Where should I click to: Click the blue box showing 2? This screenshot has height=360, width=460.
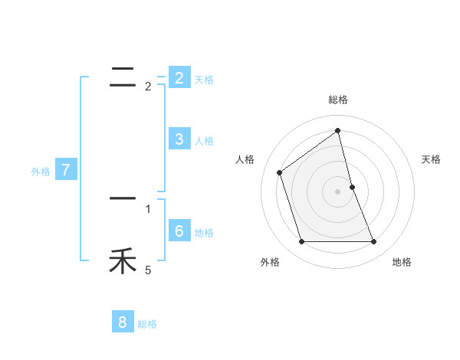coord(179,78)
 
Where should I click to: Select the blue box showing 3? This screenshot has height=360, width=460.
coord(179,139)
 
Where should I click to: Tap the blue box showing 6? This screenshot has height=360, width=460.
coord(179,231)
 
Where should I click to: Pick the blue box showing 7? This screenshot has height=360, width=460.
coord(66,170)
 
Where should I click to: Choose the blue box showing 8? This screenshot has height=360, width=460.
coord(122,322)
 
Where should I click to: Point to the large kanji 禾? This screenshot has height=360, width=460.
coord(123,262)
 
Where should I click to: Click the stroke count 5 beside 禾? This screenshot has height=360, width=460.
coord(148,270)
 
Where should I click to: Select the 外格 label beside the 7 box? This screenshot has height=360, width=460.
coord(41,172)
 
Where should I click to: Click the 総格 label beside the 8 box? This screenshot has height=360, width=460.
coord(147,324)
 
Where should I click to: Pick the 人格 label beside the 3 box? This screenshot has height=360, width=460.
coord(204,141)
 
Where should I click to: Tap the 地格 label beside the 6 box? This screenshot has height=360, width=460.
coord(204,233)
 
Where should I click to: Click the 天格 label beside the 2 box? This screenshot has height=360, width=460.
coord(204,80)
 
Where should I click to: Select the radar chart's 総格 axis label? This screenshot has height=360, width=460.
coord(338,100)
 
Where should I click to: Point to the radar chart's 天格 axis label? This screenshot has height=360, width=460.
coord(432,159)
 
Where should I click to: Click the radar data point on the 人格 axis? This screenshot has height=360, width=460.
coord(279,172)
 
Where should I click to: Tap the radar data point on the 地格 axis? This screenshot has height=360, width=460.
coord(373,242)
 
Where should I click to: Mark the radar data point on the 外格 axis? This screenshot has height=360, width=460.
coord(301,242)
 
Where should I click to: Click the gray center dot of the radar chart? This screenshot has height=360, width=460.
coord(338,191)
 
